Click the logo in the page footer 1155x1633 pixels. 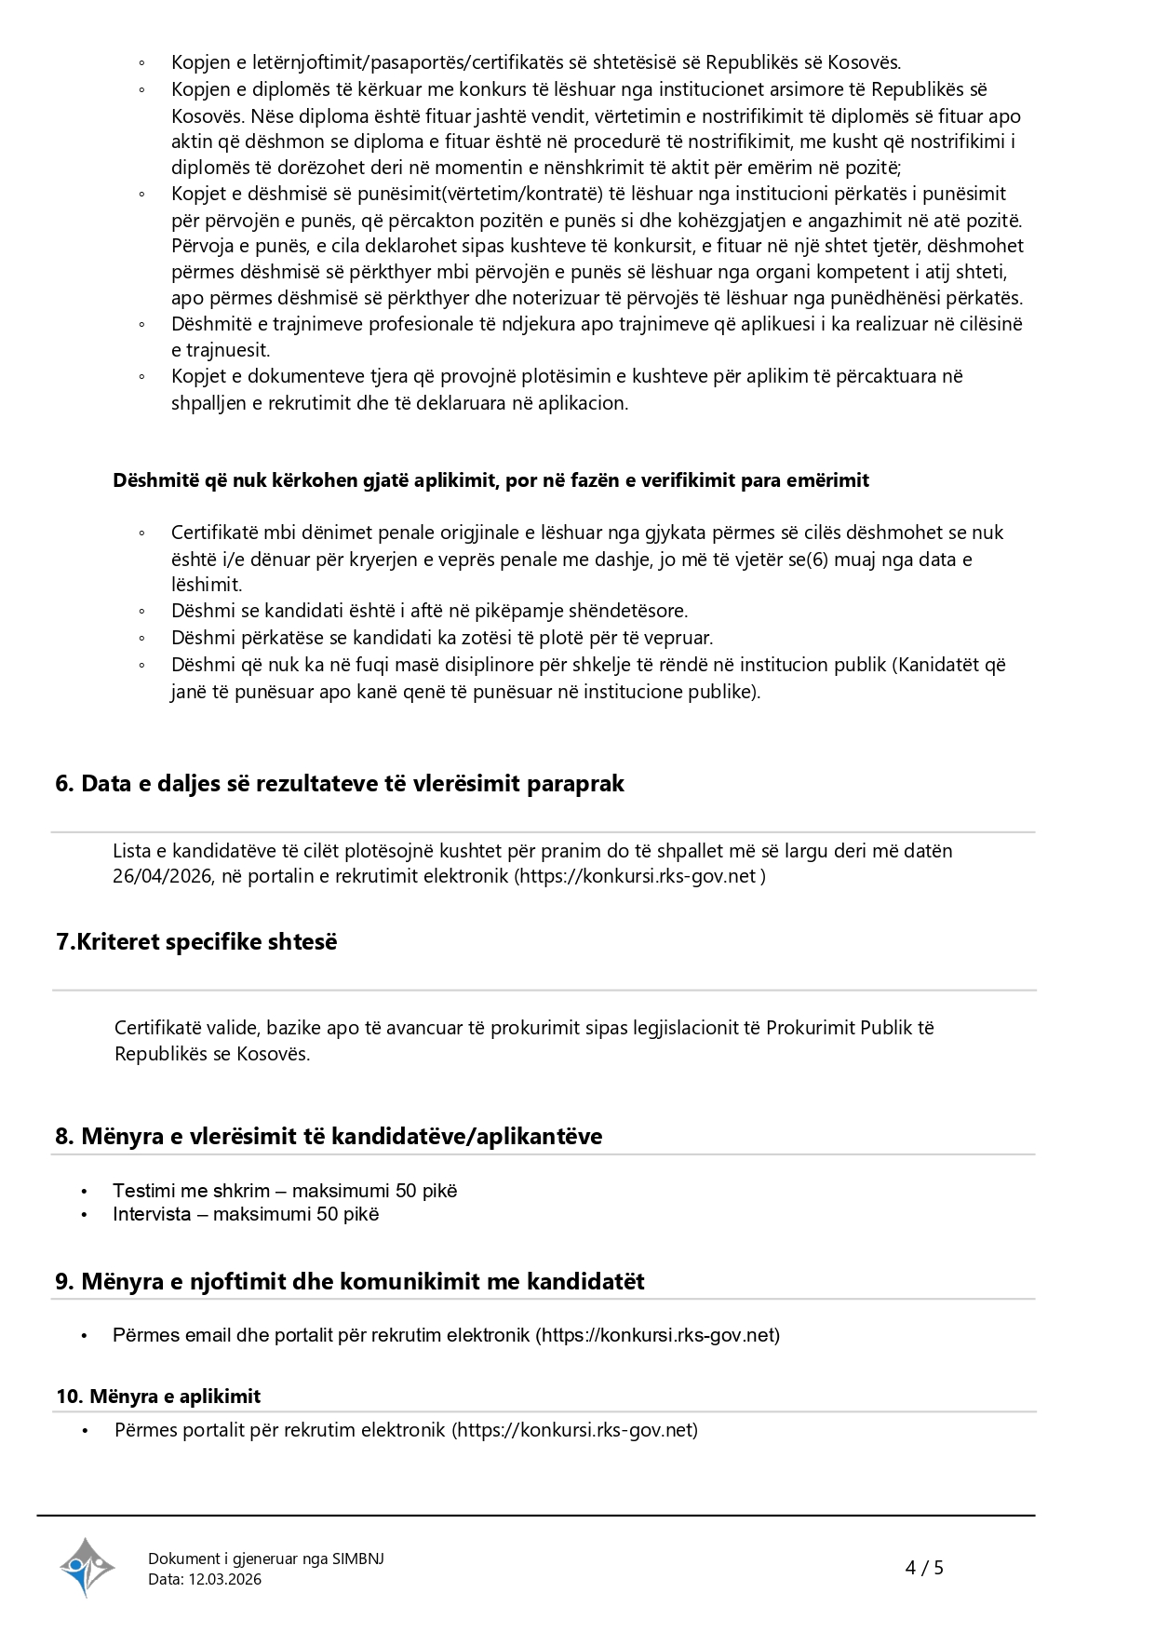point(87,1567)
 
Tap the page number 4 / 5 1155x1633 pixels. point(924,1568)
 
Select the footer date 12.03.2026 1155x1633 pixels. point(225,1579)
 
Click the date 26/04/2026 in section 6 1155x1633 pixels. point(163,876)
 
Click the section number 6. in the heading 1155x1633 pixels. point(64,784)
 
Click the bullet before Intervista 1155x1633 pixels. point(84,1215)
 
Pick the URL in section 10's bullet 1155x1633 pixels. point(574,1430)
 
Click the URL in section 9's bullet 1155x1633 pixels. point(657,1335)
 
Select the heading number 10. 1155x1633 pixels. point(70,1397)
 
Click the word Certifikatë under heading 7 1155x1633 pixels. point(157,1028)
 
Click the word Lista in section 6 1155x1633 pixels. point(132,851)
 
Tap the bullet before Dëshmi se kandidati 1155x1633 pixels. point(141,612)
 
